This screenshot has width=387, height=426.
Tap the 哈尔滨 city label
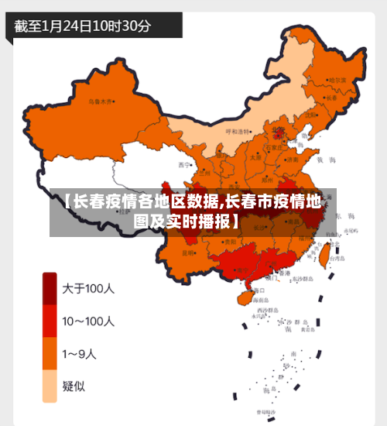(x=337, y=80)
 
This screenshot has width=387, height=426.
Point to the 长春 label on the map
(x=331, y=98)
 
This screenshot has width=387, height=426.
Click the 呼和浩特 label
(x=238, y=132)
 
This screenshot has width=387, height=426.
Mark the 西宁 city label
(x=183, y=165)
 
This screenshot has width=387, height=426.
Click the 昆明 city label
(x=188, y=253)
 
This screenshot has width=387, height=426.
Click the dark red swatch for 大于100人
(x=50, y=288)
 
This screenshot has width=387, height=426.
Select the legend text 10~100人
(x=88, y=321)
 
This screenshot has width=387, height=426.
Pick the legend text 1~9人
(x=80, y=354)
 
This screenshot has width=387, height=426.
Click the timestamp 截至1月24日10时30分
(x=82, y=26)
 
